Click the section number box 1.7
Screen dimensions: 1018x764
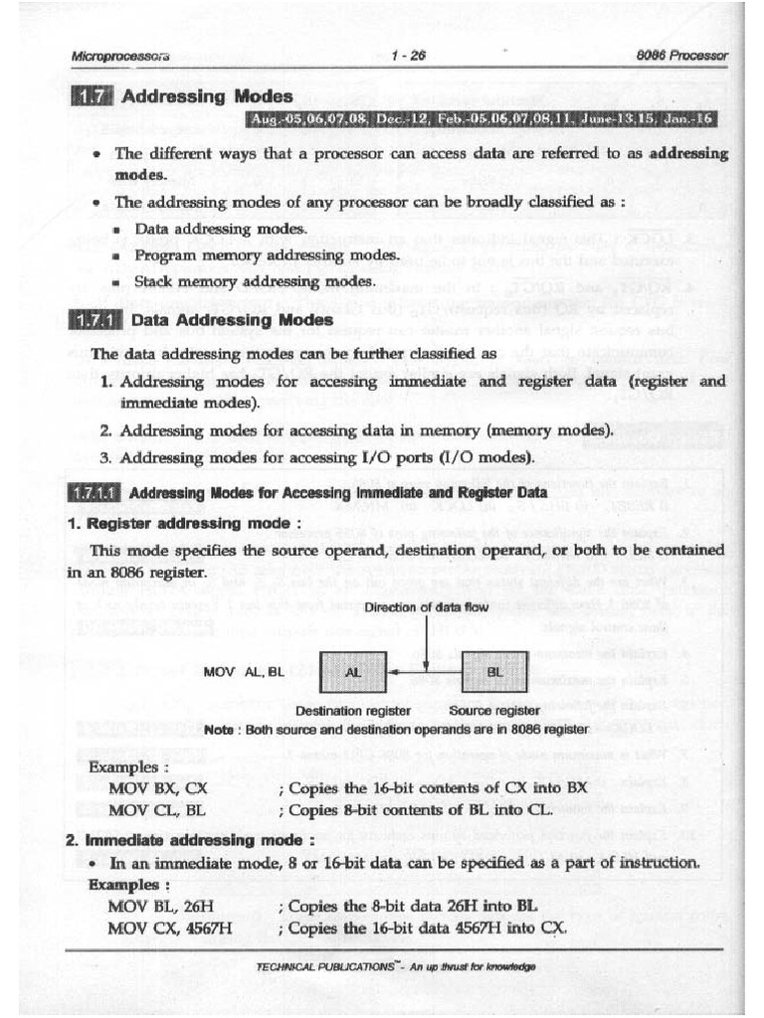[x=92, y=96]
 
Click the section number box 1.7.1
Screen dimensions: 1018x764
[x=96, y=321]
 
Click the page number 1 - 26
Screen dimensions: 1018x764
[x=408, y=56]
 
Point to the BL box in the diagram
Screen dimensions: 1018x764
[x=495, y=672]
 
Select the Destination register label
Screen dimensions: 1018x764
[x=353, y=711]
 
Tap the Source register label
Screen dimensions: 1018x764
[x=494, y=711]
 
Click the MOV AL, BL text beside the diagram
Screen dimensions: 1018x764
[x=244, y=672]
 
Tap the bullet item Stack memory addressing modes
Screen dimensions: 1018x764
[x=254, y=281]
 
